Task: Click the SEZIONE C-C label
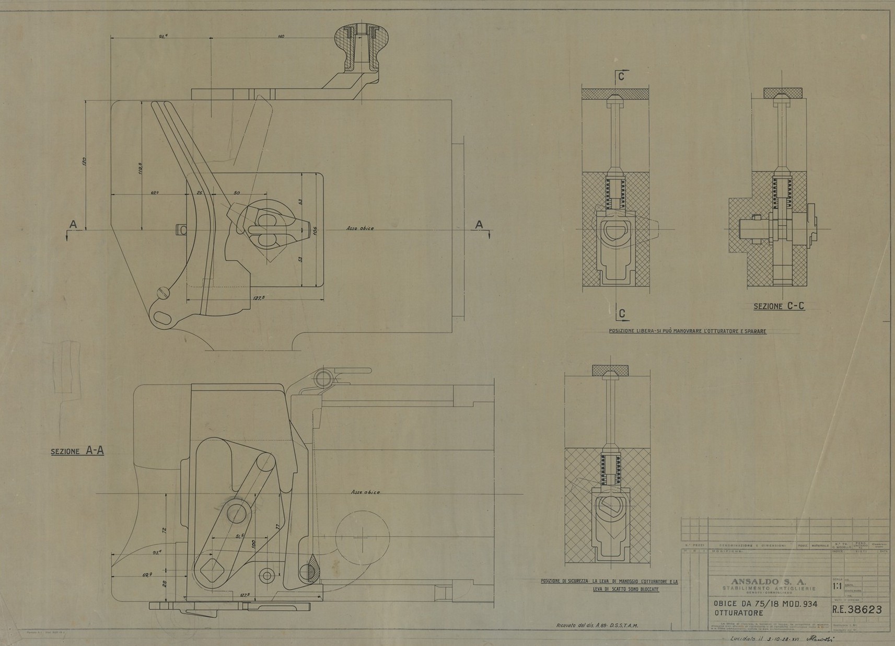[x=778, y=306]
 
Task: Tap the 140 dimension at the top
[x=281, y=36]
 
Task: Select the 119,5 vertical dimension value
[x=141, y=170]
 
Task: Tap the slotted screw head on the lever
[x=163, y=291]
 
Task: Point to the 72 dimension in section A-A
[x=164, y=530]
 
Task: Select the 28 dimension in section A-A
[x=165, y=583]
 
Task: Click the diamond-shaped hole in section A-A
[x=213, y=568]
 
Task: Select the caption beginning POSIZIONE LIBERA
[x=687, y=331]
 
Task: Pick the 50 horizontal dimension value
[x=237, y=193]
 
